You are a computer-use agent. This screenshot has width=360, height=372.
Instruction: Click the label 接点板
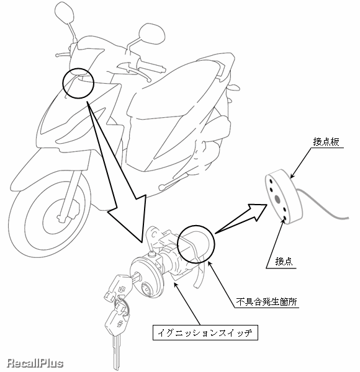(x=326, y=142)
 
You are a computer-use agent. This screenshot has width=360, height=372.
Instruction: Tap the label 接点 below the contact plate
(x=284, y=261)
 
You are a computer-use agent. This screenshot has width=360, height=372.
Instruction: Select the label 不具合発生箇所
(x=266, y=302)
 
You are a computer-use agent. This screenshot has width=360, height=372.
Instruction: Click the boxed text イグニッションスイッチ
(x=205, y=332)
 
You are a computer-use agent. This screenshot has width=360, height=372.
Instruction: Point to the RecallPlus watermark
(x=35, y=363)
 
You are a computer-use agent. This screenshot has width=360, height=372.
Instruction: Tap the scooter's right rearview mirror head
(x=152, y=34)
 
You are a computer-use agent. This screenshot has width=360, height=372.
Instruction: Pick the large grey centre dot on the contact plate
(x=277, y=198)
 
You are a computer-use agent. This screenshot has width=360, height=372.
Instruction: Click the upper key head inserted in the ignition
(x=115, y=288)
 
